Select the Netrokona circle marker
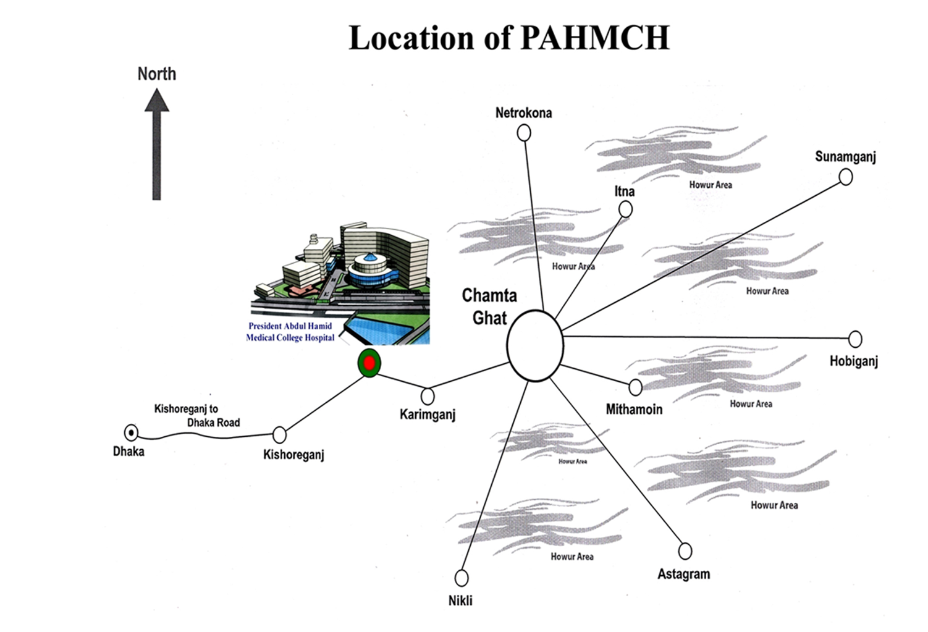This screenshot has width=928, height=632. (x=524, y=133)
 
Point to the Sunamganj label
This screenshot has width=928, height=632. (x=845, y=156)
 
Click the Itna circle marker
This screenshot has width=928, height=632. (x=625, y=210)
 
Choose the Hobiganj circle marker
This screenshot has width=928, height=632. (x=855, y=339)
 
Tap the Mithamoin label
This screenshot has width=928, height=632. (x=634, y=409)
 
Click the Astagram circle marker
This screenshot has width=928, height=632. (x=685, y=550)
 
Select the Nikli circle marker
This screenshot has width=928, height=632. (x=462, y=578)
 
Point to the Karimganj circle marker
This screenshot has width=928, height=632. (x=428, y=396)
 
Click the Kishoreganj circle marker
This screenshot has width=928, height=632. (x=280, y=435)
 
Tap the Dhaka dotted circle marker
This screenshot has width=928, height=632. (x=130, y=432)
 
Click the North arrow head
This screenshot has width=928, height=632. (x=157, y=101)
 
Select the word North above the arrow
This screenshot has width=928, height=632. (x=157, y=74)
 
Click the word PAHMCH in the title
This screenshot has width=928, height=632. (x=595, y=38)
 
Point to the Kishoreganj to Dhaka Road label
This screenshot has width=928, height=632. (x=196, y=416)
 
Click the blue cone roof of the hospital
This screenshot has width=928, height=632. (x=369, y=258)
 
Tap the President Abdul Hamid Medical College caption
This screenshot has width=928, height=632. (x=290, y=332)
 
